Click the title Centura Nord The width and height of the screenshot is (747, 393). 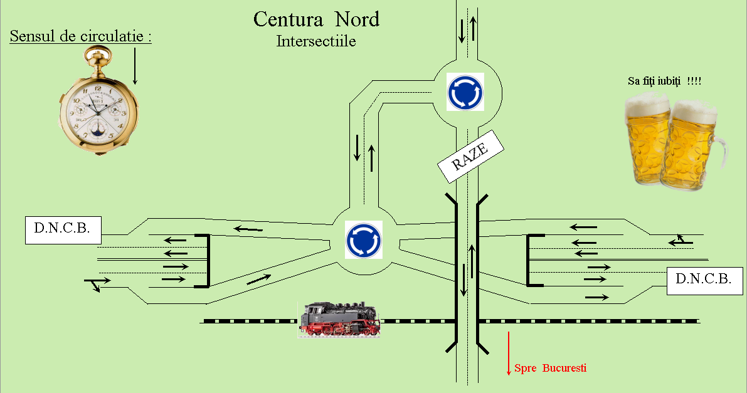(x=316, y=19)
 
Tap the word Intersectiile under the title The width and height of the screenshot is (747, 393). (x=316, y=41)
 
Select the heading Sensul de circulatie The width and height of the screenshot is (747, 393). (x=80, y=36)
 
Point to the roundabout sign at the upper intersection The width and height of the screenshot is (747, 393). (x=465, y=92)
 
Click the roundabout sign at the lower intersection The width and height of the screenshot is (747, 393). (x=364, y=240)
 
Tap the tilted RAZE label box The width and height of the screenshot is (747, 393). (x=470, y=156)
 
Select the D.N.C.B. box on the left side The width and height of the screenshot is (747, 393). (x=63, y=231)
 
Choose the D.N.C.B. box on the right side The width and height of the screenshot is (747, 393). (x=704, y=281)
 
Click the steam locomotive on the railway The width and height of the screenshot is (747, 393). (x=339, y=318)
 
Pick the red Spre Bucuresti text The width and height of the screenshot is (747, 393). (x=551, y=368)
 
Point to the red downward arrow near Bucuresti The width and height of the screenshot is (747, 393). (x=509, y=353)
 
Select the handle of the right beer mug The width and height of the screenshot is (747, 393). (x=718, y=152)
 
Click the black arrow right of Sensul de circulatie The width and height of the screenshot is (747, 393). (x=135, y=66)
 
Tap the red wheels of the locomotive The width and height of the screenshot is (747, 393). (x=339, y=329)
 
